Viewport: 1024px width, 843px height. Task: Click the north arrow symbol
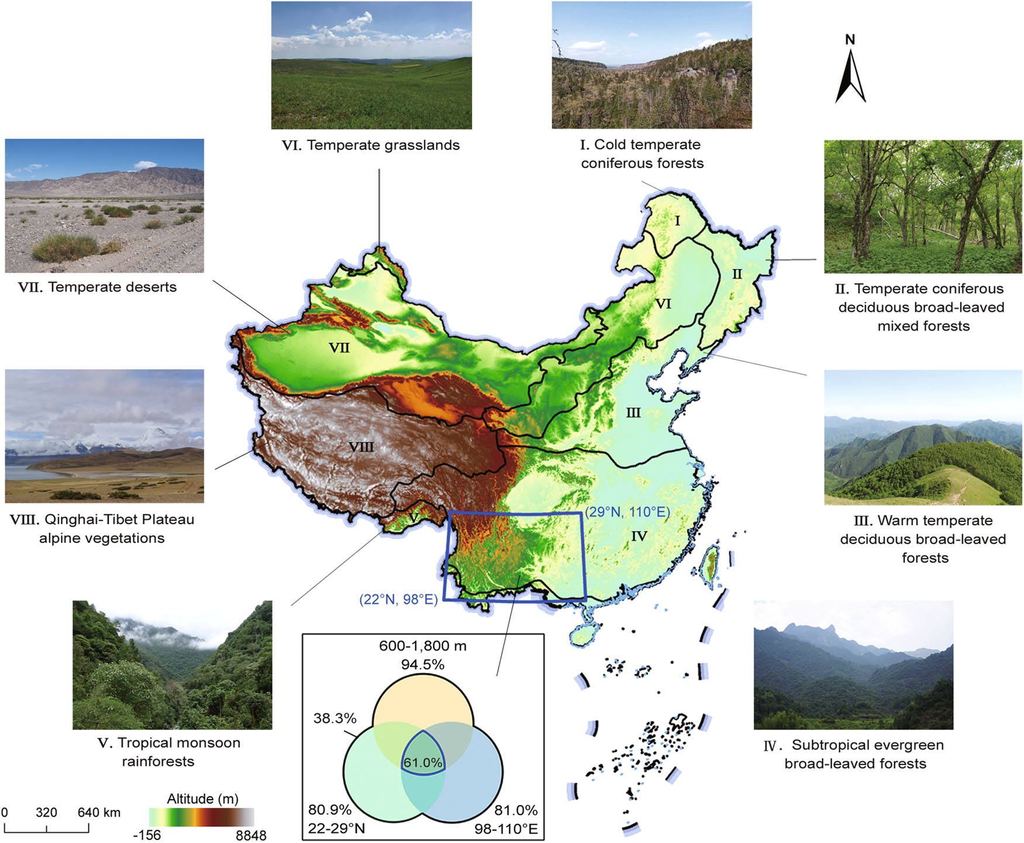tap(850, 76)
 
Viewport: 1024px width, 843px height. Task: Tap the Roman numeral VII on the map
tap(339, 348)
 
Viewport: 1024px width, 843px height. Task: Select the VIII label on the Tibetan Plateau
tap(361, 447)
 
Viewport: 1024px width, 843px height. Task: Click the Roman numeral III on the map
tap(633, 413)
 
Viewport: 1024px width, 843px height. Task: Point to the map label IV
tap(639, 536)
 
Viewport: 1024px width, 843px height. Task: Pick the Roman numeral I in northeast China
tap(678, 221)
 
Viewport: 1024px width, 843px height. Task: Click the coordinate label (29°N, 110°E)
tap(627, 512)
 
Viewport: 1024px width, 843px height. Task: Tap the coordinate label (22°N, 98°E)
tap(398, 599)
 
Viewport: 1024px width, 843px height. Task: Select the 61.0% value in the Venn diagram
tap(422, 762)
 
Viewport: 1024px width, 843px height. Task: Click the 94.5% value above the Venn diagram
tap(422, 665)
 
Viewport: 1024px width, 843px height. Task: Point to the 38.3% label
tap(335, 718)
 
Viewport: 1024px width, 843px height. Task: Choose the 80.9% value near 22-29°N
tap(330, 810)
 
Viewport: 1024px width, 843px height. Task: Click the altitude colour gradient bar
tap(202, 817)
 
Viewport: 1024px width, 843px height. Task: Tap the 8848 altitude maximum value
tap(251, 835)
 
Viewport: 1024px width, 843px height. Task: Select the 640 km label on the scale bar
tap(99, 812)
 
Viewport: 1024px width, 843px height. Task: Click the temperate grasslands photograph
tap(372, 65)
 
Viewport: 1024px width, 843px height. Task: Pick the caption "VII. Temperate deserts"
tap(97, 287)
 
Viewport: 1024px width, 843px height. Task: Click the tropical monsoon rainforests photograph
tap(172, 665)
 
